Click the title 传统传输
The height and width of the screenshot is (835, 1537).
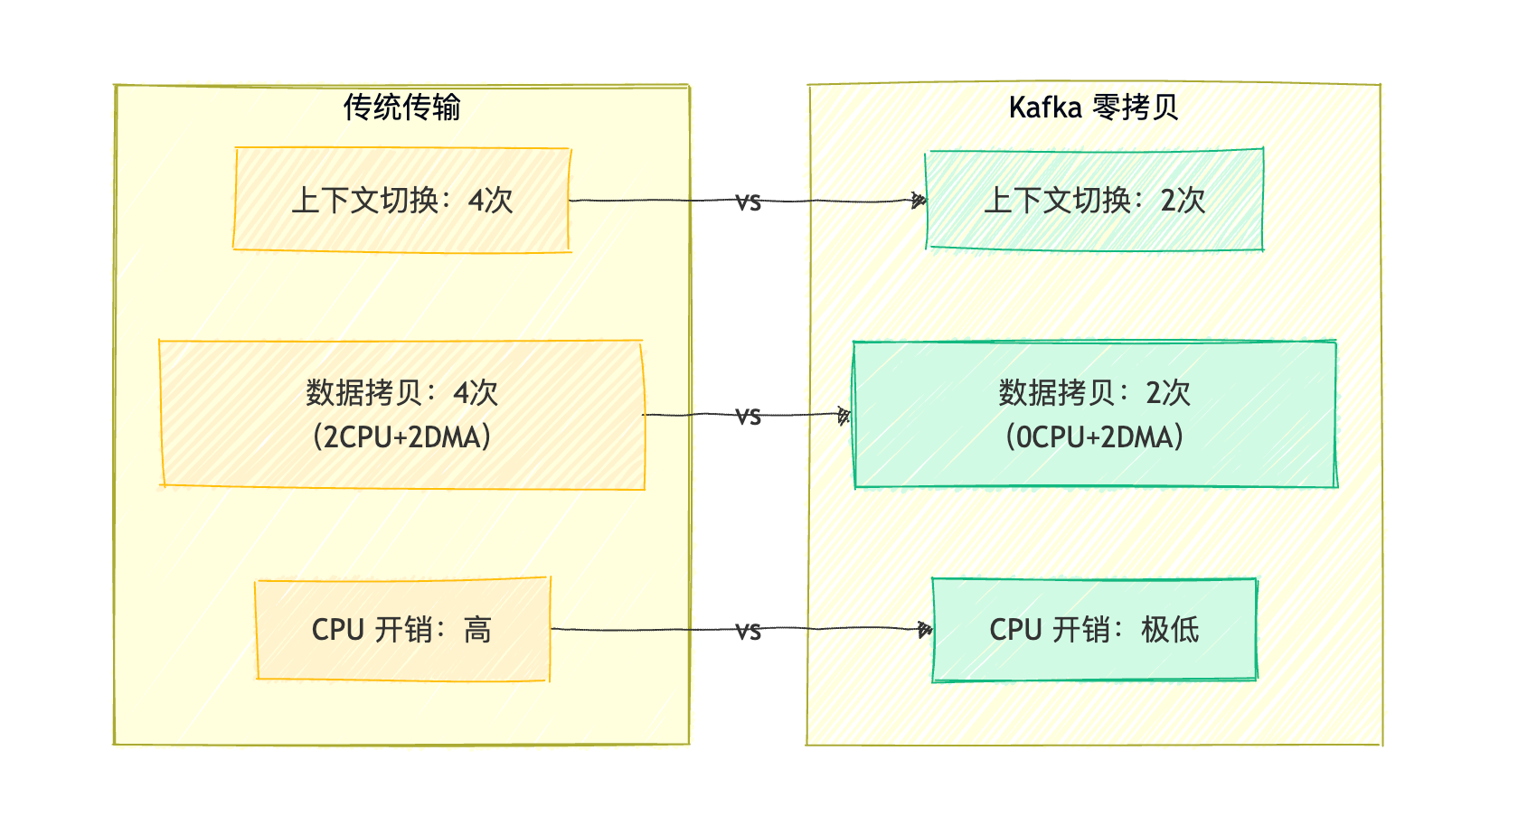[401, 108]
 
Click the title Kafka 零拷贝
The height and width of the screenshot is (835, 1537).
[1093, 108]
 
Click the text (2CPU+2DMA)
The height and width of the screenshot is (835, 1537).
[401, 437]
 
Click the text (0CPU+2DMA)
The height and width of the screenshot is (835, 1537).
[1094, 437]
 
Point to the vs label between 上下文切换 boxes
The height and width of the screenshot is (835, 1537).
[748, 202]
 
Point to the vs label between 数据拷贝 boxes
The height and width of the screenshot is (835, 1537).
[748, 417]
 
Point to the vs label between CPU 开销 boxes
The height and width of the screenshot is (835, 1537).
[748, 632]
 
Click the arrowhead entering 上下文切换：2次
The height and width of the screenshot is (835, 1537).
[919, 201]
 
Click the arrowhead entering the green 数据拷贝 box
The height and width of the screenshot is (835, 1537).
[845, 416]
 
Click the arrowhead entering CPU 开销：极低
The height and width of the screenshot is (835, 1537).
[925, 630]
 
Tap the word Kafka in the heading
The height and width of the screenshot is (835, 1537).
[1044, 108]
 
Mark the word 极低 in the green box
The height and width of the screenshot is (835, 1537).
[1169, 630]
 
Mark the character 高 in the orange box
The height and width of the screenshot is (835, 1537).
[477, 630]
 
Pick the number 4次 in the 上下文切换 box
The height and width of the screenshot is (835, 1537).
[490, 201]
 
